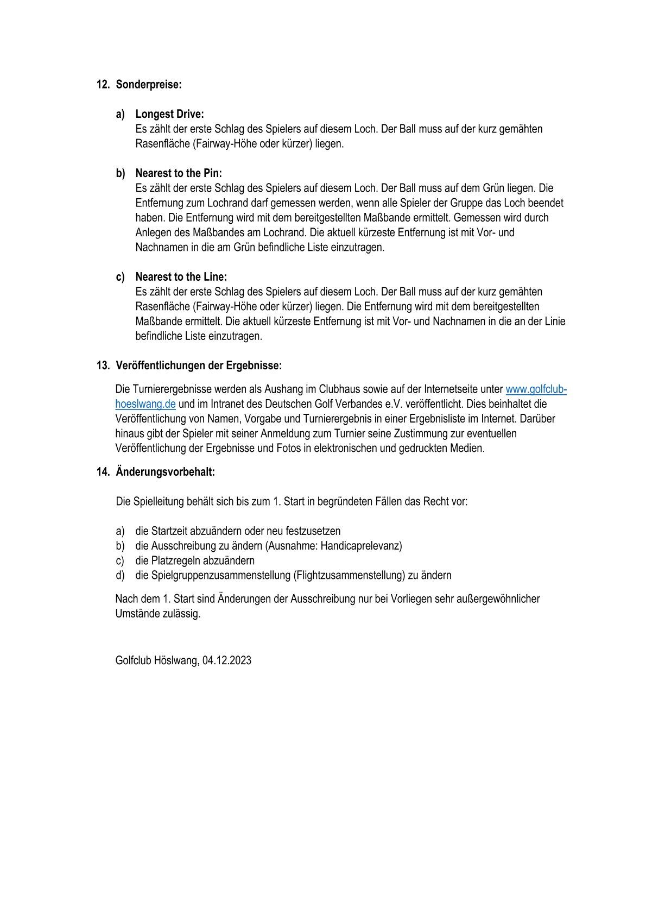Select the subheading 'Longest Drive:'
point(169,114)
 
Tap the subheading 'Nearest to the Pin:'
point(179,173)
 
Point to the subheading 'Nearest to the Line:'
point(181,277)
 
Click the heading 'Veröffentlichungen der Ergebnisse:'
point(199,365)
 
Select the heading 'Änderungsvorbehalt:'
point(165,472)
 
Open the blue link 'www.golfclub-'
point(536,389)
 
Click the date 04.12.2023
point(227,660)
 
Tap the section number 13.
point(103,365)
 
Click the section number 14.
point(103,472)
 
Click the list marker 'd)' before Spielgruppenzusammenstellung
point(120,575)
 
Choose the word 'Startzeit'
point(169,531)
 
